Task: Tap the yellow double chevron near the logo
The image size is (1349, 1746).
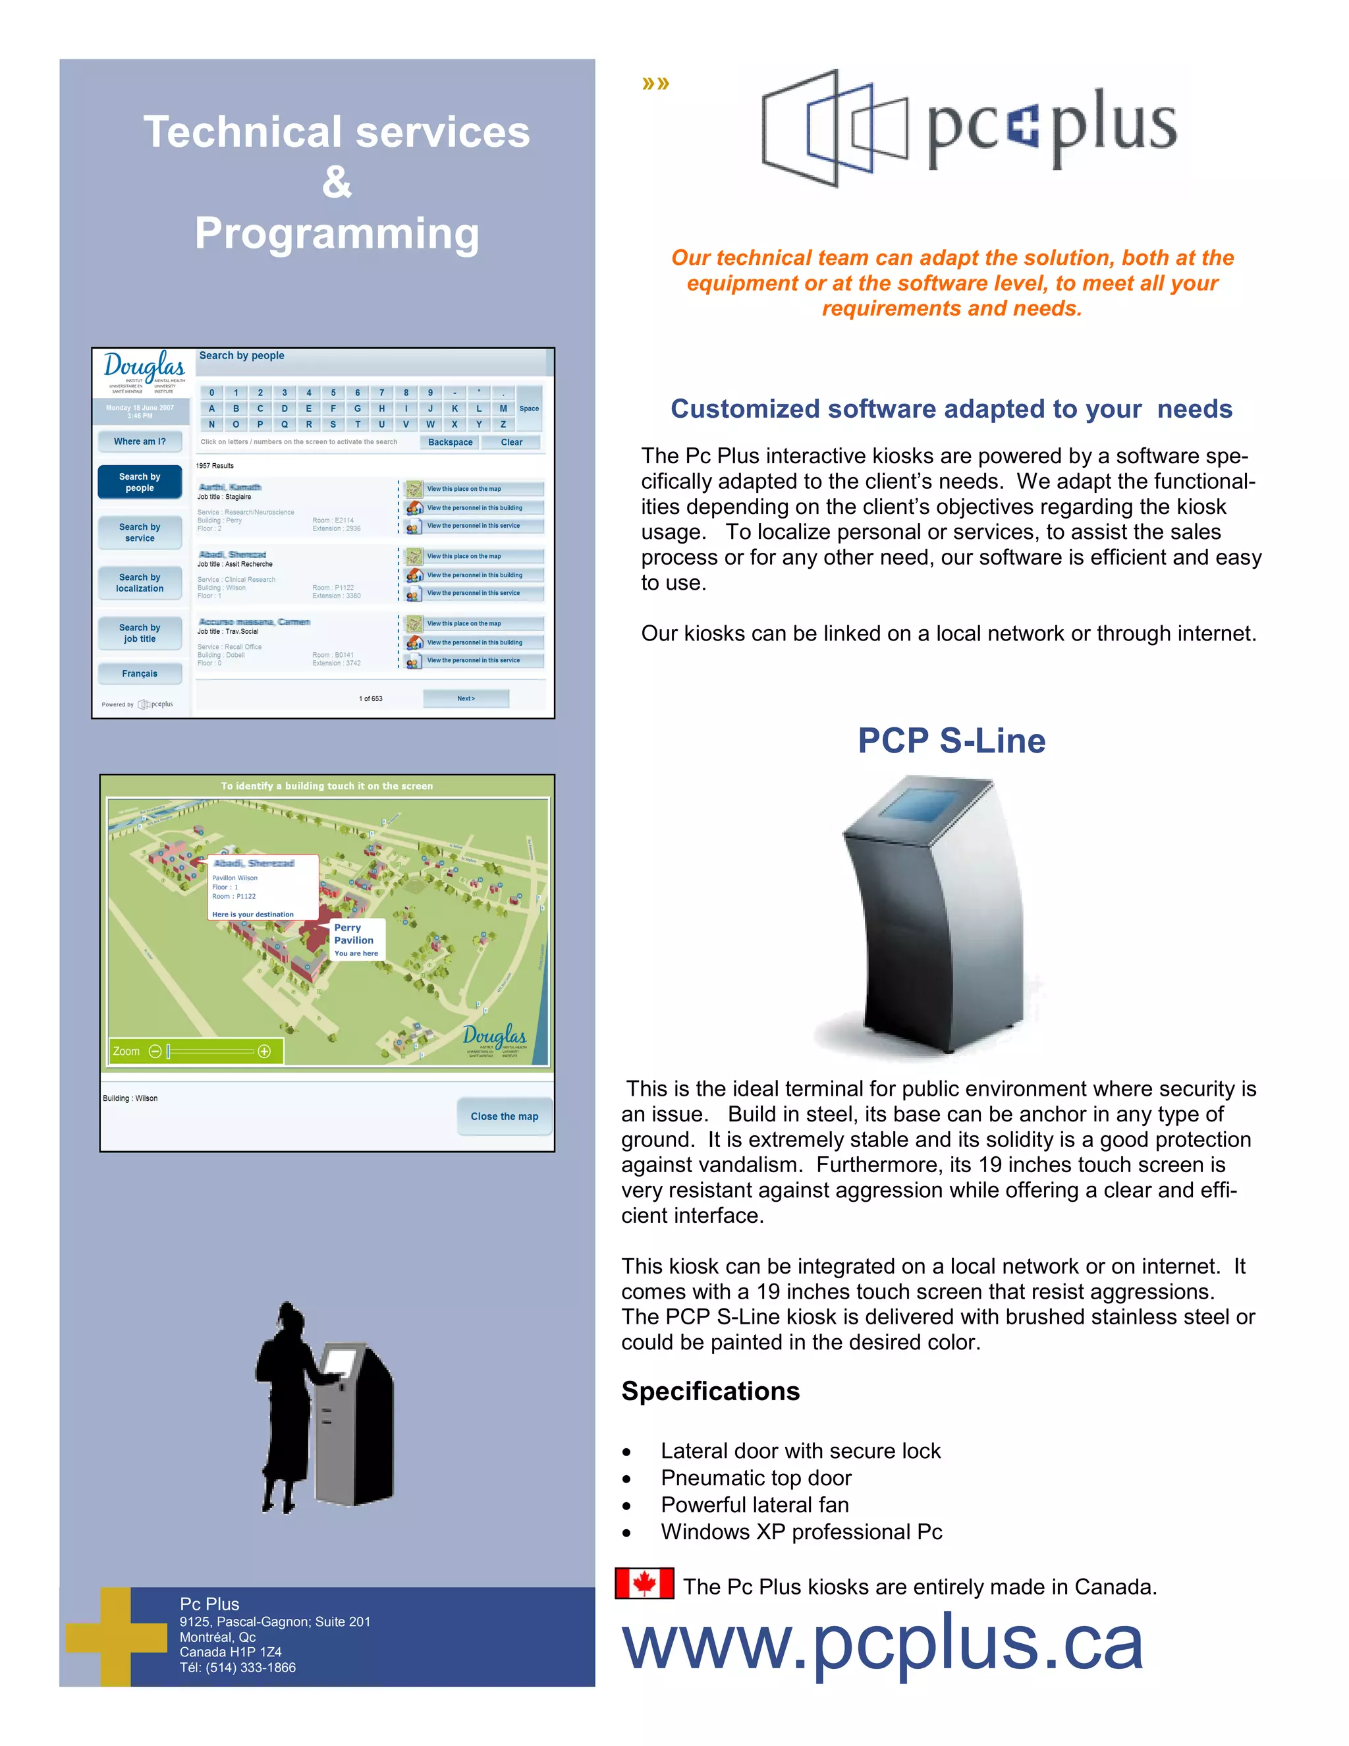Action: [655, 83]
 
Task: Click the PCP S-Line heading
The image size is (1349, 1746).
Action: [951, 741]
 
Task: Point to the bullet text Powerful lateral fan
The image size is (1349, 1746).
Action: [754, 1505]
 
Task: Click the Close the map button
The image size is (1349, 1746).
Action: [505, 1116]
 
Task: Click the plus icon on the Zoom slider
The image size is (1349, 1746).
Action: [265, 1052]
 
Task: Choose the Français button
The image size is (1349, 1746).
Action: [140, 673]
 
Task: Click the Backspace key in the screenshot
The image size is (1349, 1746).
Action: [450, 442]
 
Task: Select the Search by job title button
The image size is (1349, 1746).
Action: [140, 633]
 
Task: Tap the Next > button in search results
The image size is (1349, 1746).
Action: [466, 698]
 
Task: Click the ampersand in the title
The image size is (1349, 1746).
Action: [337, 183]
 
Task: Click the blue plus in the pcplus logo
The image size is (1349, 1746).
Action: [1023, 128]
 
